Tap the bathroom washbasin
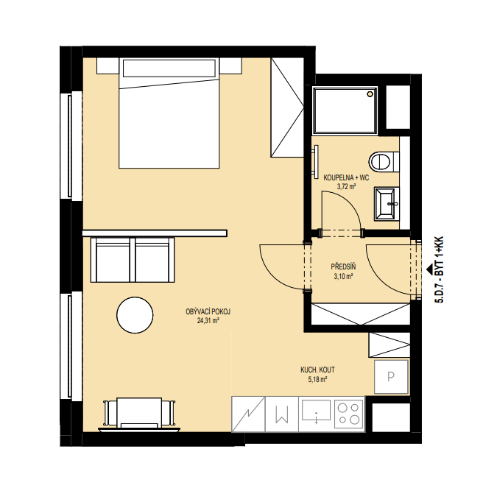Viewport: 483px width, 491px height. (x=387, y=203)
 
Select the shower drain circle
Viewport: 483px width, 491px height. (x=371, y=94)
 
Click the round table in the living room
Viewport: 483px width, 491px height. (x=135, y=315)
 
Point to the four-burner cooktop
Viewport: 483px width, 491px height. (x=349, y=414)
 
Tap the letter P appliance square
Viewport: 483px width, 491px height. (x=392, y=377)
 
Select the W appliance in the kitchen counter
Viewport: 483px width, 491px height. (x=281, y=414)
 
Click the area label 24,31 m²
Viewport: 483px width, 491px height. (x=208, y=320)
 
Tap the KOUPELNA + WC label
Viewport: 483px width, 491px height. (x=346, y=178)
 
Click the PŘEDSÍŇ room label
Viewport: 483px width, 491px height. (x=343, y=266)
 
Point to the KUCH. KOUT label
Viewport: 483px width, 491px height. (x=317, y=370)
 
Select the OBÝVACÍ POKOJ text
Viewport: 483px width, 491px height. (x=208, y=311)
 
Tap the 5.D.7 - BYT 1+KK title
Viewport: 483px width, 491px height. (x=439, y=269)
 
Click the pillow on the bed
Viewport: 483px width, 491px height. (x=169, y=68)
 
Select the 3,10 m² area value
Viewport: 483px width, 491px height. (x=343, y=276)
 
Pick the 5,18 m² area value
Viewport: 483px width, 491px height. (x=317, y=380)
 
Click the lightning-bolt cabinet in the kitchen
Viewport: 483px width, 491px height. (x=248, y=414)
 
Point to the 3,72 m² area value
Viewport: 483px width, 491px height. (x=346, y=187)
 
